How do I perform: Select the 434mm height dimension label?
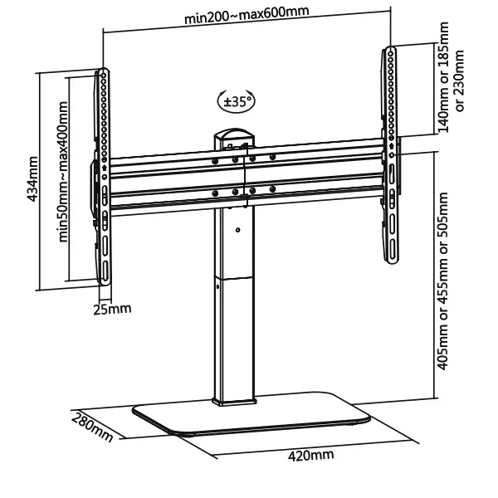point(32,179)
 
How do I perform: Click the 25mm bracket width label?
point(112,310)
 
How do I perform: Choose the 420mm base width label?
point(310,455)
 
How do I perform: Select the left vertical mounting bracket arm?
point(102,174)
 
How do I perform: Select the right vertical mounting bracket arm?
point(389,158)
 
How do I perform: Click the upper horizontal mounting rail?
point(246,165)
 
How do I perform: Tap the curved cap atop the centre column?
point(237,133)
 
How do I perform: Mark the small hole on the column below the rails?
point(237,230)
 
